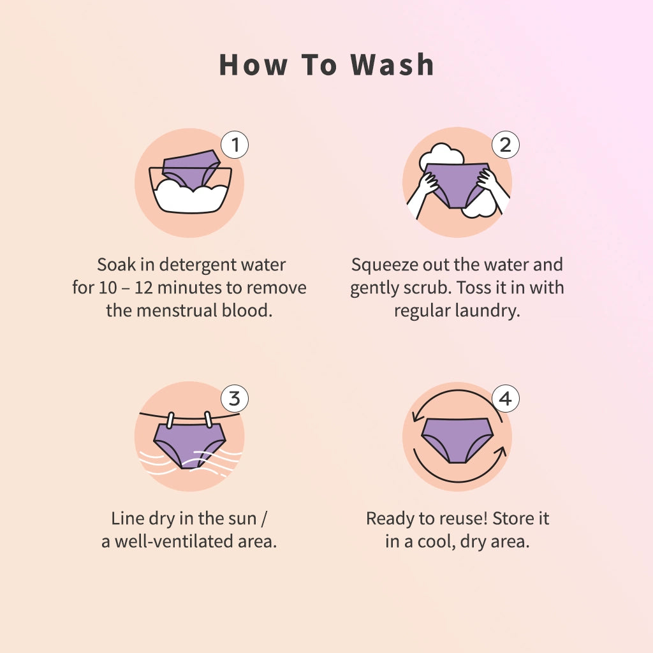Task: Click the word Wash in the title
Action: click(392, 65)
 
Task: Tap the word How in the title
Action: click(253, 65)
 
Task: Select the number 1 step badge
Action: click(235, 145)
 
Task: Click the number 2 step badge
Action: click(505, 145)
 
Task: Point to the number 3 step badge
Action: click(235, 399)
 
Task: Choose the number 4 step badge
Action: click(505, 399)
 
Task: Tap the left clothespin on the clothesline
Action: click(170, 420)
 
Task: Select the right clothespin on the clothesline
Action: click(209, 420)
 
